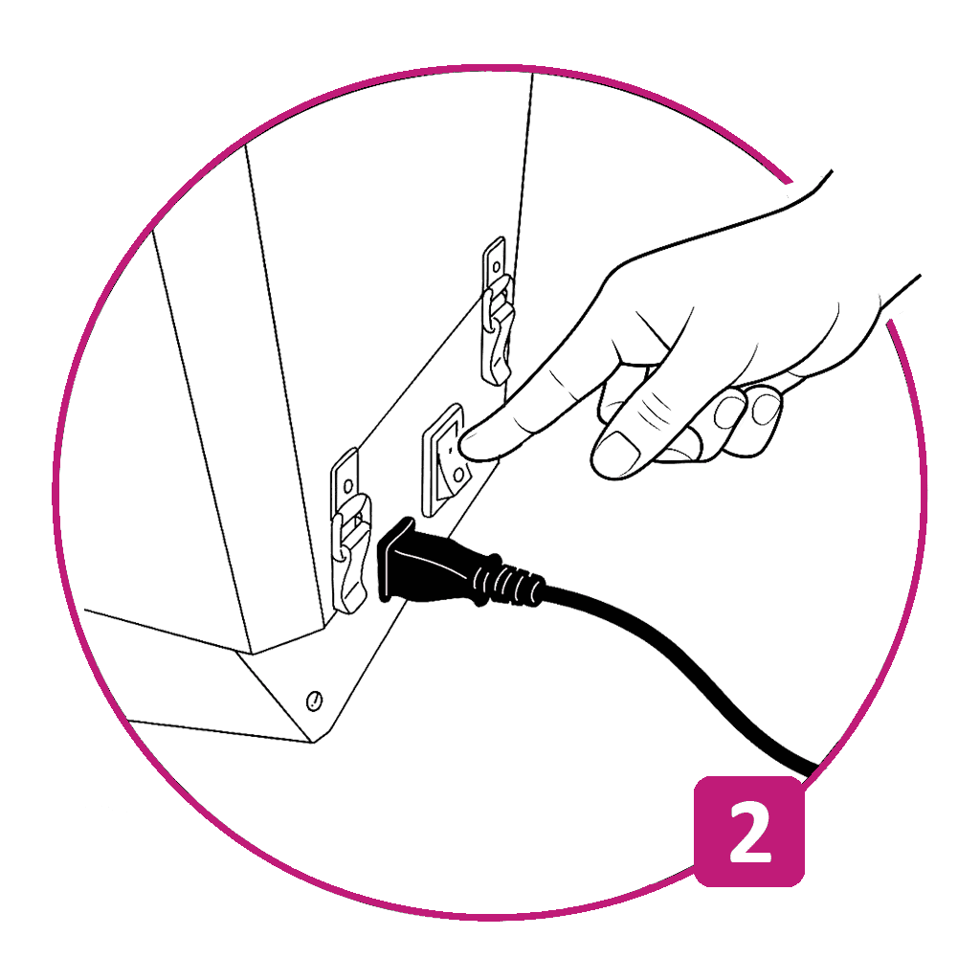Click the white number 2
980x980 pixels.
coord(750,832)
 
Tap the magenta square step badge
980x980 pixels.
coord(749,832)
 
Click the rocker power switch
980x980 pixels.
coord(444,459)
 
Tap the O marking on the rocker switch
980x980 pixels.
coord(458,475)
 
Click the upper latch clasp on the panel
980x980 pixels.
coord(498,313)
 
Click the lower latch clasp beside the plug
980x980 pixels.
coord(350,531)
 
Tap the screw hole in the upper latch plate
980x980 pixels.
coord(497,267)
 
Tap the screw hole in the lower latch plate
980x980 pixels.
coord(348,485)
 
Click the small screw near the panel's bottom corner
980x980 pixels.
coord(314,701)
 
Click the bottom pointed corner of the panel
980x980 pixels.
coord(313,743)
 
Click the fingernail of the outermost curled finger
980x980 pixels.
coord(766,410)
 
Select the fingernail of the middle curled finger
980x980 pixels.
coord(728,412)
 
